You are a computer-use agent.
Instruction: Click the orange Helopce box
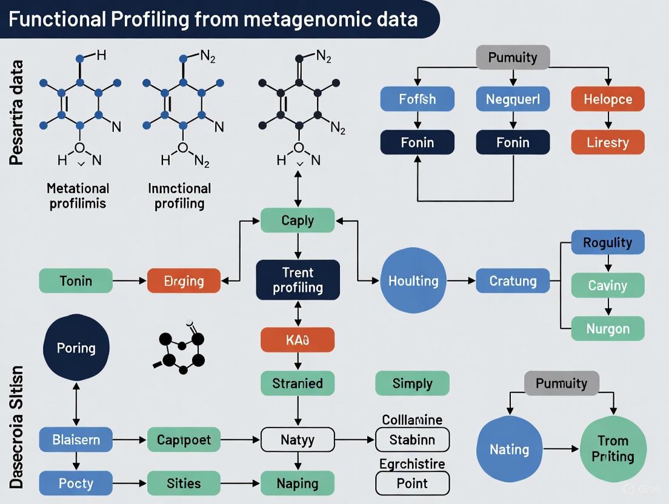point(607,99)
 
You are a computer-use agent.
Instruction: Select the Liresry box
point(607,143)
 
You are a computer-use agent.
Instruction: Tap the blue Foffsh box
point(417,99)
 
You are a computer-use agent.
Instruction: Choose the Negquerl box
point(513,99)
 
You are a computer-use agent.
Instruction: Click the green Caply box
point(298,220)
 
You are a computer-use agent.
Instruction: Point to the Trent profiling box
point(298,279)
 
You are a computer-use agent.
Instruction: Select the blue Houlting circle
point(413,280)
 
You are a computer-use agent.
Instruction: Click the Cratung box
point(513,280)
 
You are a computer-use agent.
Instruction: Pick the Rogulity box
point(607,242)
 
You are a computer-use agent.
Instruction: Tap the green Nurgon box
point(607,329)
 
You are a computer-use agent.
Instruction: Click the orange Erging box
point(184,281)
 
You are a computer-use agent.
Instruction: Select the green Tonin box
point(76,281)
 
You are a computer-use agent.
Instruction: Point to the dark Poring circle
point(76,348)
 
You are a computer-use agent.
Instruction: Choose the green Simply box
point(412,383)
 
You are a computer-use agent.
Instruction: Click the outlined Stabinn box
point(412,439)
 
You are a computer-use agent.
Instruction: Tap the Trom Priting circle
point(613,448)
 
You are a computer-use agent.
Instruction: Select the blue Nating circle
point(509,449)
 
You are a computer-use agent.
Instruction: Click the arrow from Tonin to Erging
point(130,281)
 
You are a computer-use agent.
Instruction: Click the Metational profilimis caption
point(78,196)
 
